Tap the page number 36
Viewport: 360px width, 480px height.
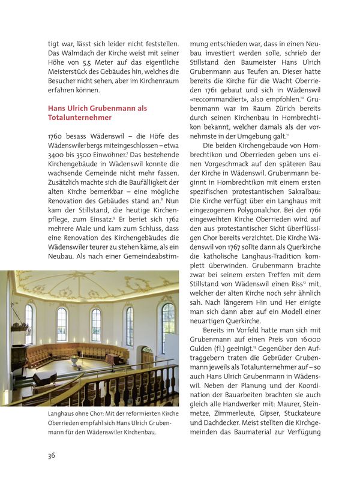coord(52,455)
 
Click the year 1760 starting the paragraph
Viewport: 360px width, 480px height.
coord(57,137)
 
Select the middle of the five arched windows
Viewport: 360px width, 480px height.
coord(95,325)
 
